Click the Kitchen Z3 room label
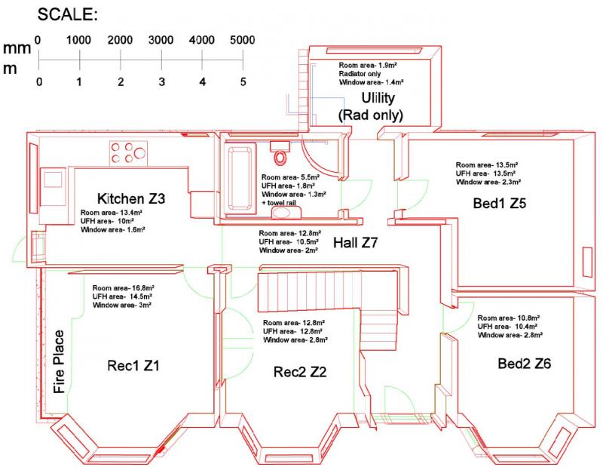click(131, 198)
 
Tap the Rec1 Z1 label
click(133, 365)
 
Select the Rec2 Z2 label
click(300, 372)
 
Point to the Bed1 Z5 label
click(499, 203)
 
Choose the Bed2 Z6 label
click(524, 364)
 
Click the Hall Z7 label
click(355, 242)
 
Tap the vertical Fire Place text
click(59, 362)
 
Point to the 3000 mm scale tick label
click(161, 40)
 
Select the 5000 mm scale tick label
click(242, 40)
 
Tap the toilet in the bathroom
click(280, 152)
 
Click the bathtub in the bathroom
click(240, 180)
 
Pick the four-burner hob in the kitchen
click(128, 153)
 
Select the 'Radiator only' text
click(360, 73)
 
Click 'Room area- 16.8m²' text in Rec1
click(123, 288)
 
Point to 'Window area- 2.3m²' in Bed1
click(488, 182)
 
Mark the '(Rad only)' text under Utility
click(370, 115)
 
